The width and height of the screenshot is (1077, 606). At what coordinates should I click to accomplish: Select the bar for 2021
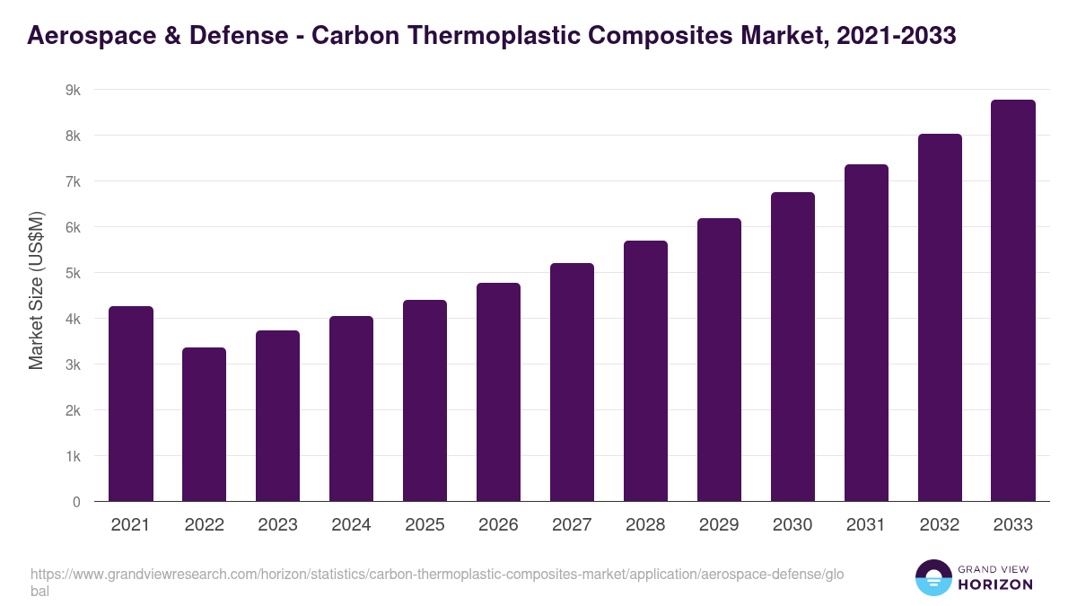131,404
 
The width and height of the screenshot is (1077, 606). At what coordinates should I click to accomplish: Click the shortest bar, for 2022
205,425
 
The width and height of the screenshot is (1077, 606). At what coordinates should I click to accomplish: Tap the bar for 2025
425,400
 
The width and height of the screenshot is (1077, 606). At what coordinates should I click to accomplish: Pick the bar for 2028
645,371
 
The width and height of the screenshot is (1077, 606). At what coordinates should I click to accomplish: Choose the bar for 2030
792,347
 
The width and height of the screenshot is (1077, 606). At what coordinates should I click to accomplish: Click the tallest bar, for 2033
1013,301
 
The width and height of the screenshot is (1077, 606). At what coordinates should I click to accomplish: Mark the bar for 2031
866,333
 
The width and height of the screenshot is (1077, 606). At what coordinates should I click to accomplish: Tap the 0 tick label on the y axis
76,502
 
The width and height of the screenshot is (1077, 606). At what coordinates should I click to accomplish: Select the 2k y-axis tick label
74,410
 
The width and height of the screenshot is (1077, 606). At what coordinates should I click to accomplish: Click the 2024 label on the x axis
351,525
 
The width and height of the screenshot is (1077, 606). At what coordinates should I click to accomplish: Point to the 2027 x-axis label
572,525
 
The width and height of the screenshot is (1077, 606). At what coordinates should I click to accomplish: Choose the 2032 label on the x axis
940,525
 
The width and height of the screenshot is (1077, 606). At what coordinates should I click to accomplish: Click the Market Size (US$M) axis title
36,292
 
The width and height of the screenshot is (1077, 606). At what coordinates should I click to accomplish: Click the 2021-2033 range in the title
889,36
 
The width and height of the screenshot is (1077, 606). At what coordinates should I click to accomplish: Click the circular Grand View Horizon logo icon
933,577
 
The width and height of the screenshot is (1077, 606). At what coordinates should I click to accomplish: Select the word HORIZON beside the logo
996,584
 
